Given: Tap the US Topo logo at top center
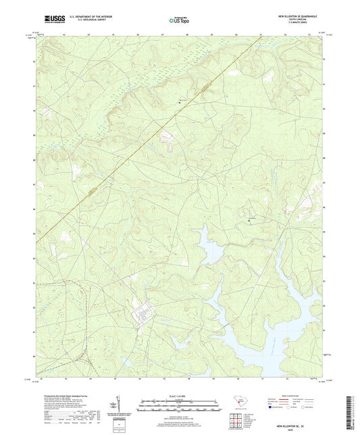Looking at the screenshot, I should click(x=178, y=20).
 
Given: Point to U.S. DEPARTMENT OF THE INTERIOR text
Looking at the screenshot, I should click(x=95, y=16).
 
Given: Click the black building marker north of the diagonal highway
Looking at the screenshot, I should click(x=180, y=101).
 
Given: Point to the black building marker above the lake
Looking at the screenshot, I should click(x=249, y=220).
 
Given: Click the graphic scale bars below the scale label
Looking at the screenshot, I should click(x=179, y=407).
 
